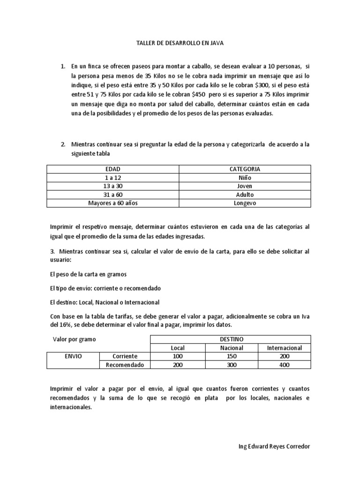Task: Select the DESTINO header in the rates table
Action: pyautogui.click(x=232, y=339)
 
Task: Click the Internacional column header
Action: pyautogui.click(x=284, y=347)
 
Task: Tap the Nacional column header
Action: pyautogui.click(x=232, y=347)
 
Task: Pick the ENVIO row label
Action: pyautogui.click(x=73, y=356)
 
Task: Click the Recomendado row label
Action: pyautogui.click(x=124, y=365)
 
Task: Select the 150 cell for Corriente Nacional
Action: pyautogui.click(x=232, y=356)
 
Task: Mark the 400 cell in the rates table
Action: pyautogui.click(x=284, y=365)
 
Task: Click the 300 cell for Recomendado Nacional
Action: pyautogui.click(x=232, y=365)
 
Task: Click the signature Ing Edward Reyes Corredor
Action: pyautogui.click(x=274, y=446)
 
